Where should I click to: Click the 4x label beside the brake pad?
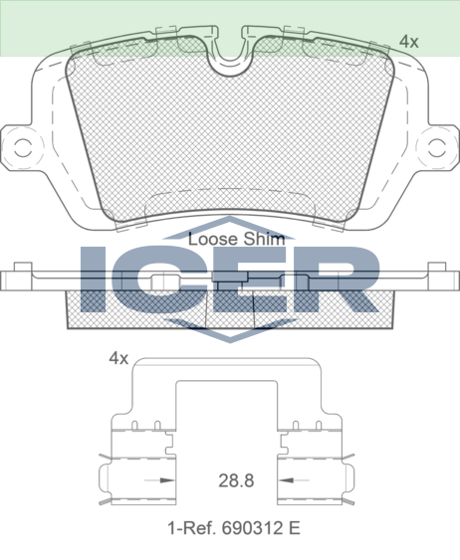tap(408, 41)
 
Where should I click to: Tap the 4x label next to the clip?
tap(118, 358)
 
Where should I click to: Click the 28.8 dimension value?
tap(236, 480)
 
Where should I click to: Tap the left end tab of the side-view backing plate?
tap(17, 271)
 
